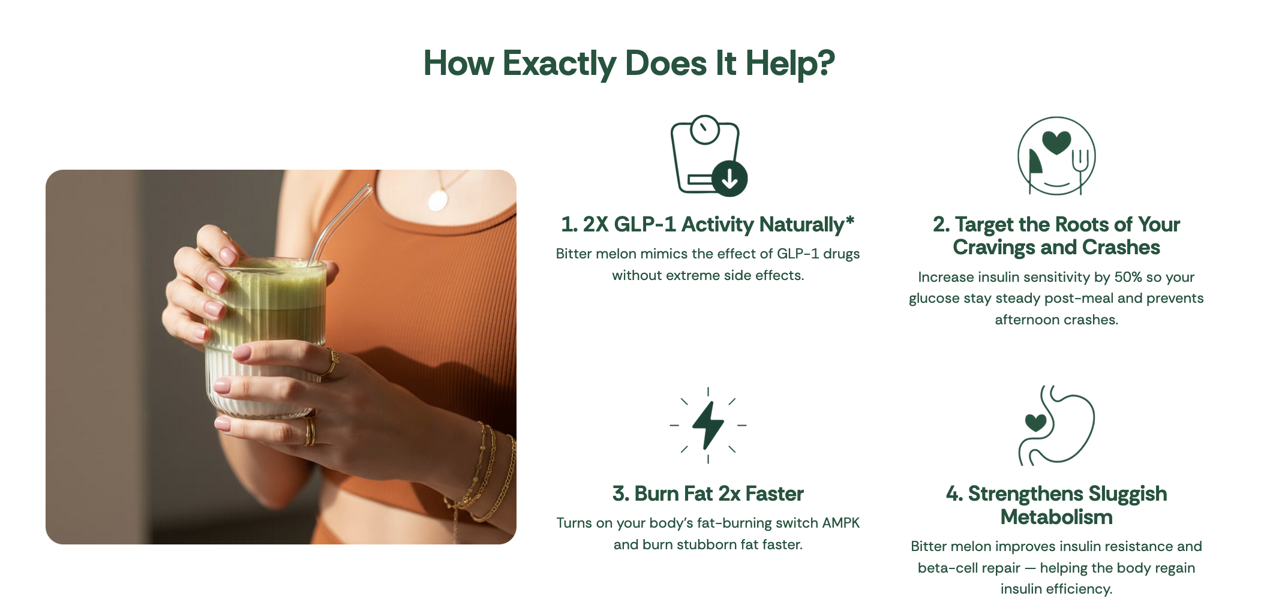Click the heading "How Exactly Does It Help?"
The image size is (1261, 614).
click(x=629, y=64)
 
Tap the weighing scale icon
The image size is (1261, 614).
click(x=708, y=156)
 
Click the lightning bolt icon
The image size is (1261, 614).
click(x=708, y=425)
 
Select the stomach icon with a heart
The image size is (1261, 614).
click(x=1056, y=425)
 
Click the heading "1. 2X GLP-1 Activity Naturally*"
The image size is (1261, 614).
click(x=708, y=224)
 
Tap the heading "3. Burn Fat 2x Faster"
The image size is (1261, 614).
click(x=708, y=493)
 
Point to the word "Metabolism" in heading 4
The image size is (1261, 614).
click(x=1056, y=517)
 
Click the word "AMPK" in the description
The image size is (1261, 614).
click(x=840, y=523)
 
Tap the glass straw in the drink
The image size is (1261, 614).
click(x=339, y=225)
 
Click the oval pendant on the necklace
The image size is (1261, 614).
click(x=438, y=200)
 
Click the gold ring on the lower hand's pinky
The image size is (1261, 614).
click(x=310, y=431)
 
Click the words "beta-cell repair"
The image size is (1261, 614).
click(x=969, y=568)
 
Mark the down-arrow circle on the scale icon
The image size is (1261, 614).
click(x=729, y=178)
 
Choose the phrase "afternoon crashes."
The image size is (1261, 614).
click(x=1056, y=320)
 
